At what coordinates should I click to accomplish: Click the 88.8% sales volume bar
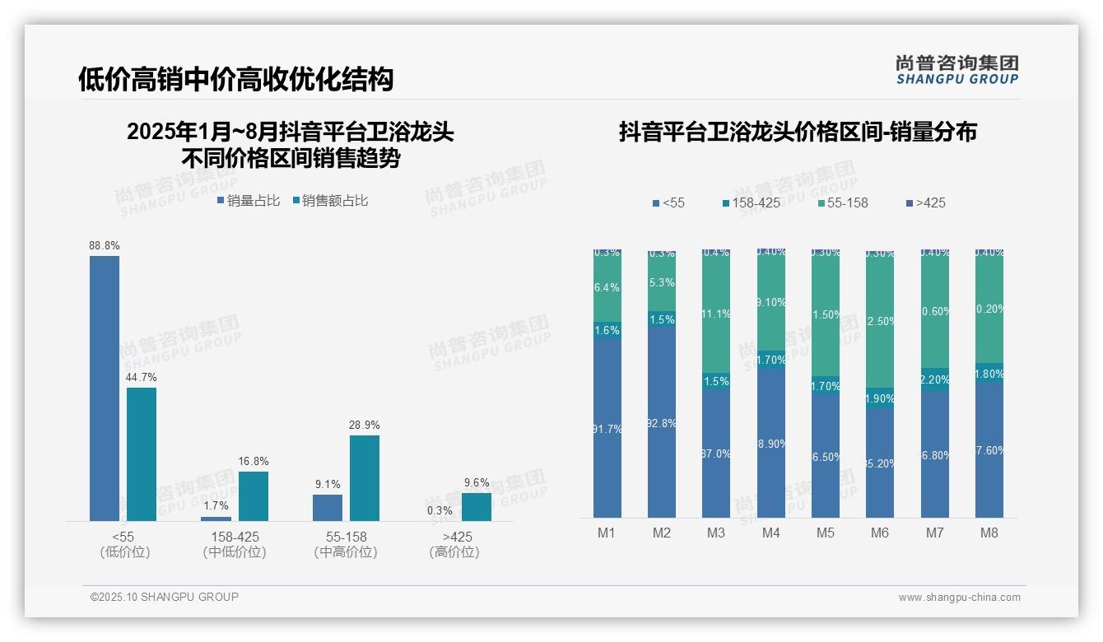105,388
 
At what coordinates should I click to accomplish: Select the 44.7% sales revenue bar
142,454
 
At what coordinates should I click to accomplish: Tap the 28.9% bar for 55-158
365,477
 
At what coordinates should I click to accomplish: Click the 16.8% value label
254,462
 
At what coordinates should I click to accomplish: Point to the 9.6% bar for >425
477,506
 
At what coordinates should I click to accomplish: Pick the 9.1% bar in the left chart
328,507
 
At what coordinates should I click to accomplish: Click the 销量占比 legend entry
249,201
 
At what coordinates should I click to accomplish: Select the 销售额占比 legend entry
330,201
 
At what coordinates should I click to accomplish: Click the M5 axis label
826,533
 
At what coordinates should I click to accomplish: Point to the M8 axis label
989,533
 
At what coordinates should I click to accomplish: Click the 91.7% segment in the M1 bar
607,428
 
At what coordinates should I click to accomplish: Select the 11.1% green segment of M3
716,313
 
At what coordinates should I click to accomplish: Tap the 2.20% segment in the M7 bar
935,379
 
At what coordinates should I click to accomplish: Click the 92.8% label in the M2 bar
662,424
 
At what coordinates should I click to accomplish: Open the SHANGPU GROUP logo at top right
957,70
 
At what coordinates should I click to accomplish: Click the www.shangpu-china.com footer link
959,598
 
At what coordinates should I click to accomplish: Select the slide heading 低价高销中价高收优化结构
236,79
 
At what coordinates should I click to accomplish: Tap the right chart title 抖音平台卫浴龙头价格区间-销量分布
798,133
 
